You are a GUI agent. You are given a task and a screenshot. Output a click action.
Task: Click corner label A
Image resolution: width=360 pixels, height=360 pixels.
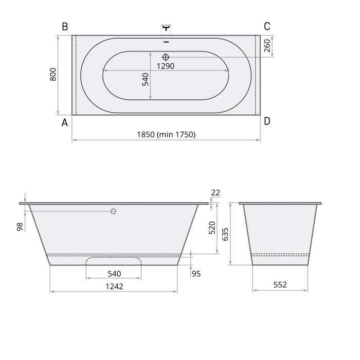[x=65, y=122]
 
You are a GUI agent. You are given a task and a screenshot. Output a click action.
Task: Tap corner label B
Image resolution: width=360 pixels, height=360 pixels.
[x=65, y=26]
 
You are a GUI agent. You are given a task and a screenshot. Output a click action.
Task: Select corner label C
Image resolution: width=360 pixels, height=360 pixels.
[x=267, y=26]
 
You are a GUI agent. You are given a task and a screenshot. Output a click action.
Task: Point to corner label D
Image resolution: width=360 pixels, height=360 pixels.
[x=267, y=121]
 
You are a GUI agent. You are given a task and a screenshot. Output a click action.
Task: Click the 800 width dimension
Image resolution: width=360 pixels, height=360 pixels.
[x=53, y=74]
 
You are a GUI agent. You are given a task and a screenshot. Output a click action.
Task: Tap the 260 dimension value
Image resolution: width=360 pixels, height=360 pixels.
[x=267, y=46]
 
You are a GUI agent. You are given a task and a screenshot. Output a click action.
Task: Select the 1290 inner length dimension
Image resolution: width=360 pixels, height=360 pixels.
[x=166, y=66]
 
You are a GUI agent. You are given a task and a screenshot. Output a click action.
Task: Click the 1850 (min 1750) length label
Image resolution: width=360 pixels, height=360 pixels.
[x=166, y=134]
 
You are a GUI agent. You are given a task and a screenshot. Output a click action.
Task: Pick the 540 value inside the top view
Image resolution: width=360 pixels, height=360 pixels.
[x=146, y=79]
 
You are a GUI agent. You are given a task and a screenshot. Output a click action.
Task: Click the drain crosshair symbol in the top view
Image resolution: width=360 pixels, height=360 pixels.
[x=166, y=57]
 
